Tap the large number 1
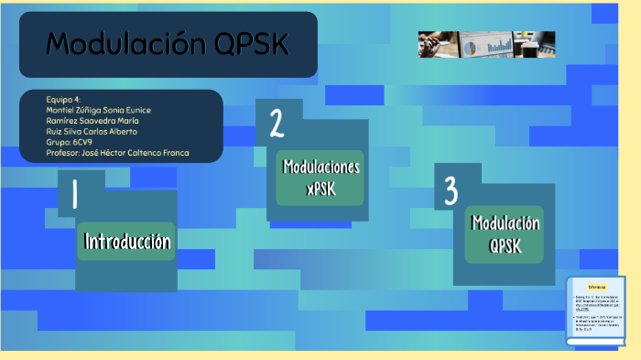74,194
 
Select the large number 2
276,124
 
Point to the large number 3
451,191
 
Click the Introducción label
127,242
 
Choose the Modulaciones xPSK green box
320,178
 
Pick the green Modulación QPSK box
505,234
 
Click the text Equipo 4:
63,99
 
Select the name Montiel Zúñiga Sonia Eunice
98,110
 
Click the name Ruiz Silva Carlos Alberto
92,131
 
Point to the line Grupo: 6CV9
69,142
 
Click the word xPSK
320,189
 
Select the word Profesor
64,153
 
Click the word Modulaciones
320,168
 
